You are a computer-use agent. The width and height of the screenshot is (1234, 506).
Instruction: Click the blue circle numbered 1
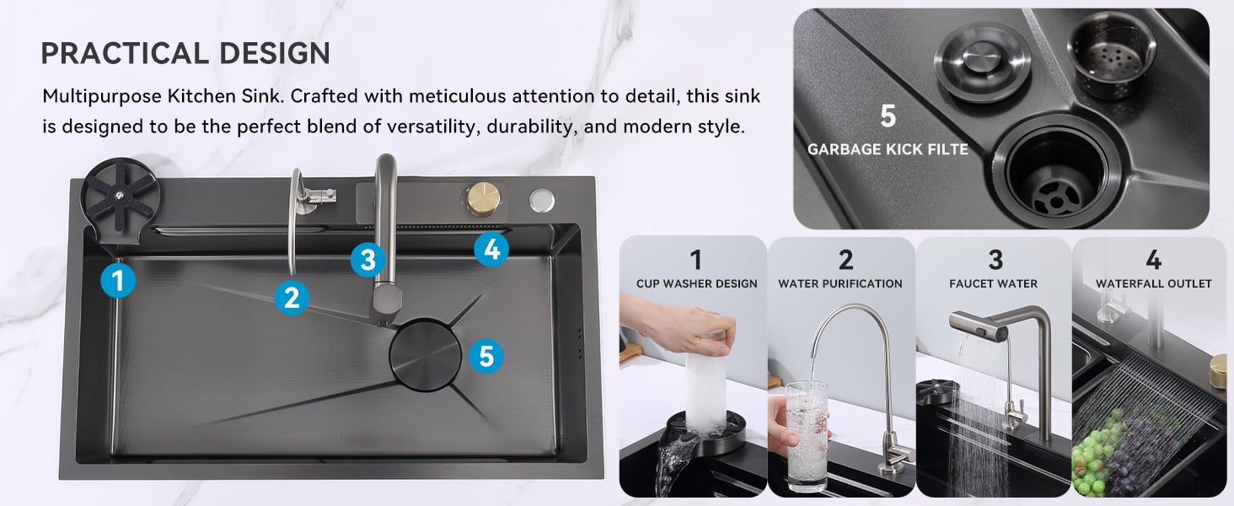pyautogui.click(x=118, y=280)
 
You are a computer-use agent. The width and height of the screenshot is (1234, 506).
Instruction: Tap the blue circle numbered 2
pyautogui.click(x=292, y=299)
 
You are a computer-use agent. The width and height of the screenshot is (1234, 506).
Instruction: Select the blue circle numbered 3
pyautogui.click(x=368, y=259)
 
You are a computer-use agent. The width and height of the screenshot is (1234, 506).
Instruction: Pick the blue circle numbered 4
pyautogui.click(x=491, y=249)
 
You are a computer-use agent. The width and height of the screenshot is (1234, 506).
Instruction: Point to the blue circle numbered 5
pyautogui.click(x=486, y=356)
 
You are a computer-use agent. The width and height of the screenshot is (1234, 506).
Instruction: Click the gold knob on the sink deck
pyautogui.click(x=483, y=199)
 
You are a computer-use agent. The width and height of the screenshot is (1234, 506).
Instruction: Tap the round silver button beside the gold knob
pyautogui.click(x=542, y=201)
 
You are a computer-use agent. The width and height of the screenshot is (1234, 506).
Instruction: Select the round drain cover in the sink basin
pyautogui.click(x=425, y=355)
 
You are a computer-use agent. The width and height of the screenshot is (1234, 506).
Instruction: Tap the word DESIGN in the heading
pyautogui.click(x=274, y=53)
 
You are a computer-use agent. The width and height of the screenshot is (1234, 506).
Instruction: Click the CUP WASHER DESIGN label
pyautogui.click(x=696, y=283)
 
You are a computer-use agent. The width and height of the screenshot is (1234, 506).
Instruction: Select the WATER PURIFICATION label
pyautogui.click(x=840, y=283)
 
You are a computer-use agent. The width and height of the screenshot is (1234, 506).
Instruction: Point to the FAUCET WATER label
pyautogui.click(x=993, y=283)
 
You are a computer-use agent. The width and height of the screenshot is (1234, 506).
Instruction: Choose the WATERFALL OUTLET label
pyautogui.click(x=1153, y=283)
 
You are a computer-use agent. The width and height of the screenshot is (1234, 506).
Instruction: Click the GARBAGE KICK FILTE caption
pyautogui.click(x=888, y=149)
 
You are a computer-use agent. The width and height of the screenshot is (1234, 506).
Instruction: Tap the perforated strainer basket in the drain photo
pyautogui.click(x=1111, y=55)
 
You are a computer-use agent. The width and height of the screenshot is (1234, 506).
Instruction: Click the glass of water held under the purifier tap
pyautogui.click(x=807, y=435)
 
